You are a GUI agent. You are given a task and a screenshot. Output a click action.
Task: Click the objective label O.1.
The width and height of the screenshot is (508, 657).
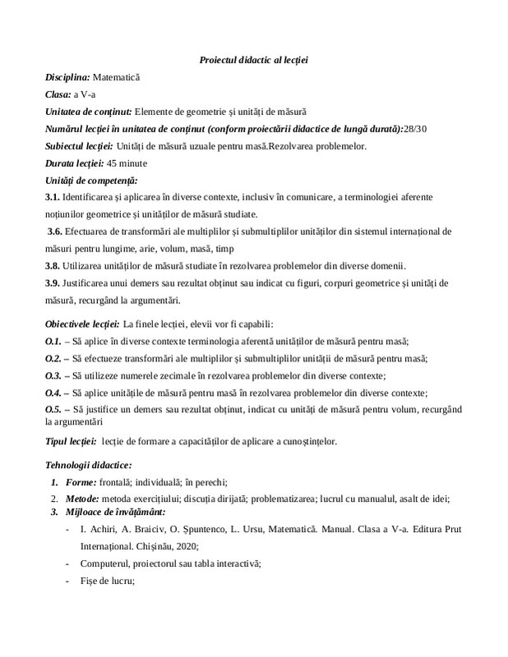pyautogui.click(x=53, y=341)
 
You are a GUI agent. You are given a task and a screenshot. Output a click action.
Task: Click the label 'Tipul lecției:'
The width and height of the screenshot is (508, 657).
pyautogui.click(x=71, y=441)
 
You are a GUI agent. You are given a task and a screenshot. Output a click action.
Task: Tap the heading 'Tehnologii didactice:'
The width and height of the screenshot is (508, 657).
pyautogui.click(x=88, y=466)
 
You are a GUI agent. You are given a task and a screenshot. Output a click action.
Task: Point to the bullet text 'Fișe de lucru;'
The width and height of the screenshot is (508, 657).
pyautogui.click(x=108, y=581)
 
